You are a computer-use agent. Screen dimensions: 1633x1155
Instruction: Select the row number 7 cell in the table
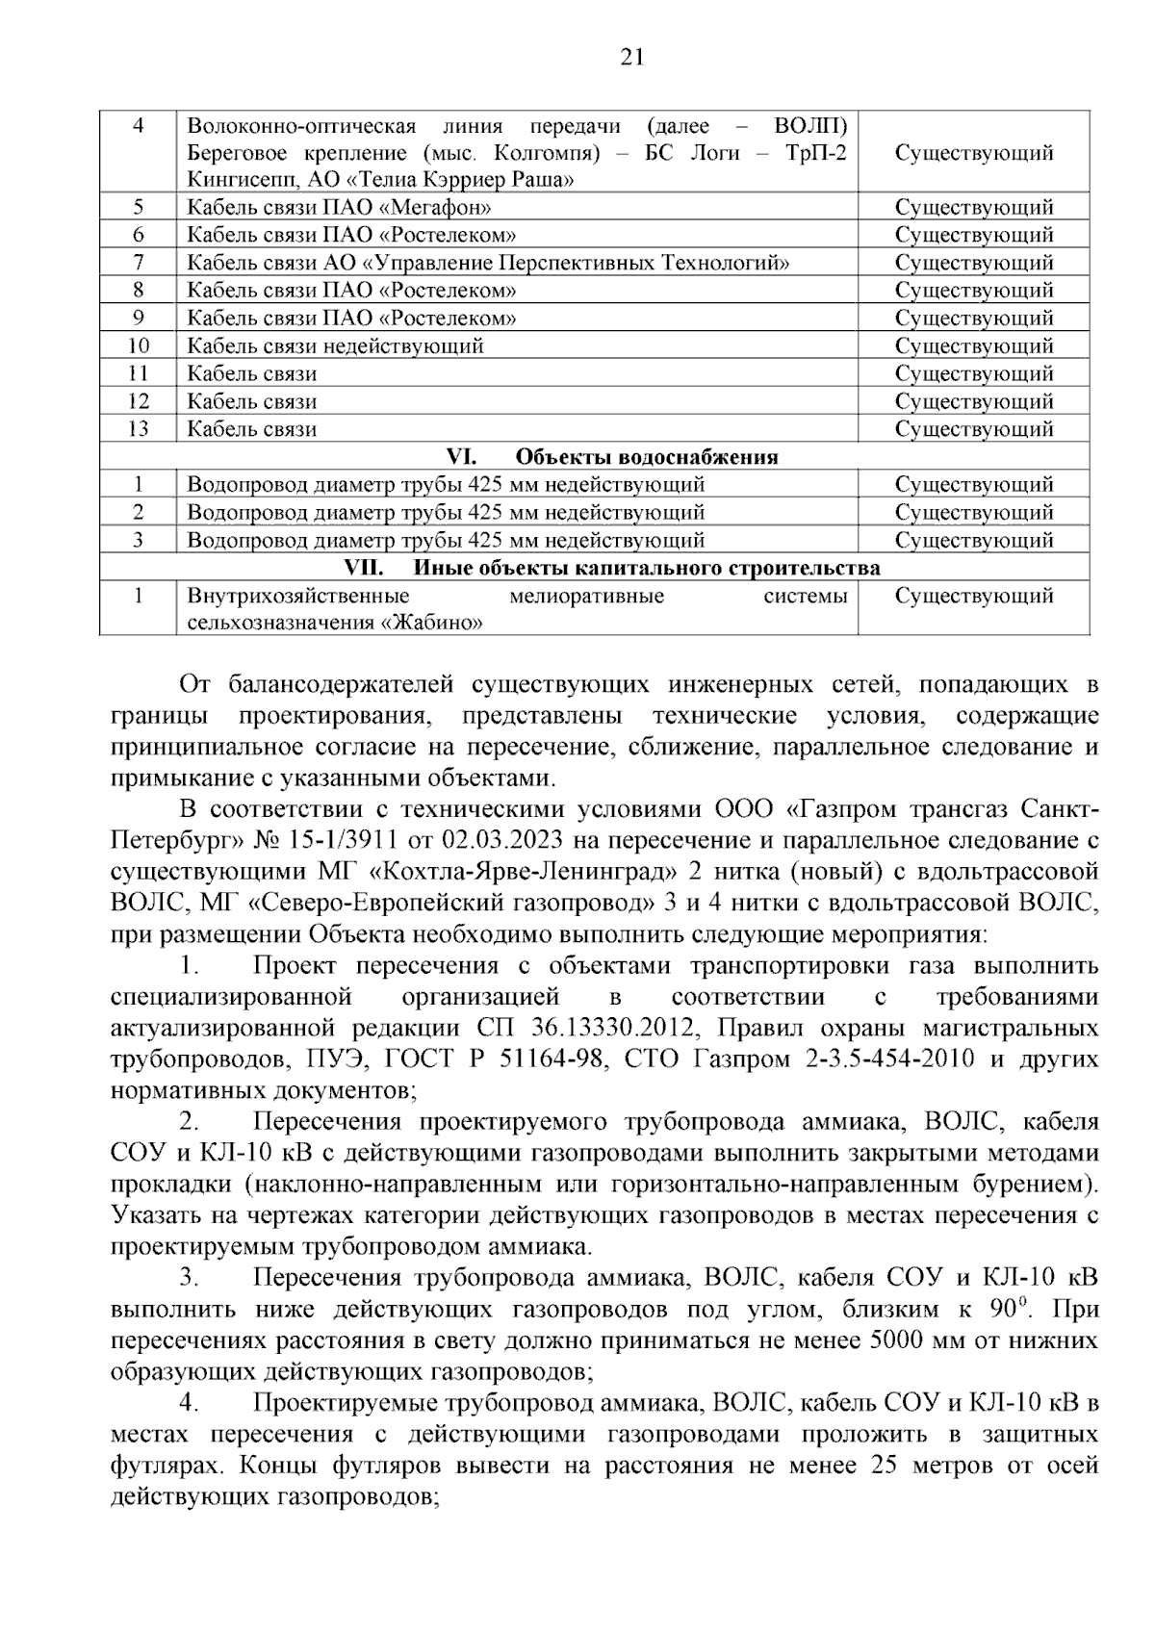click(x=138, y=263)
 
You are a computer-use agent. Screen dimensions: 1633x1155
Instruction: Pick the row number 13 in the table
click(x=138, y=429)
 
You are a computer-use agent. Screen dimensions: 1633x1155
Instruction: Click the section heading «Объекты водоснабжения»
click(x=647, y=457)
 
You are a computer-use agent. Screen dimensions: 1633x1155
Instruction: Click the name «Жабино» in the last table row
click(x=433, y=624)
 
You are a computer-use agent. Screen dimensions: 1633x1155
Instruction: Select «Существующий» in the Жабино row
click(x=973, y=597)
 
